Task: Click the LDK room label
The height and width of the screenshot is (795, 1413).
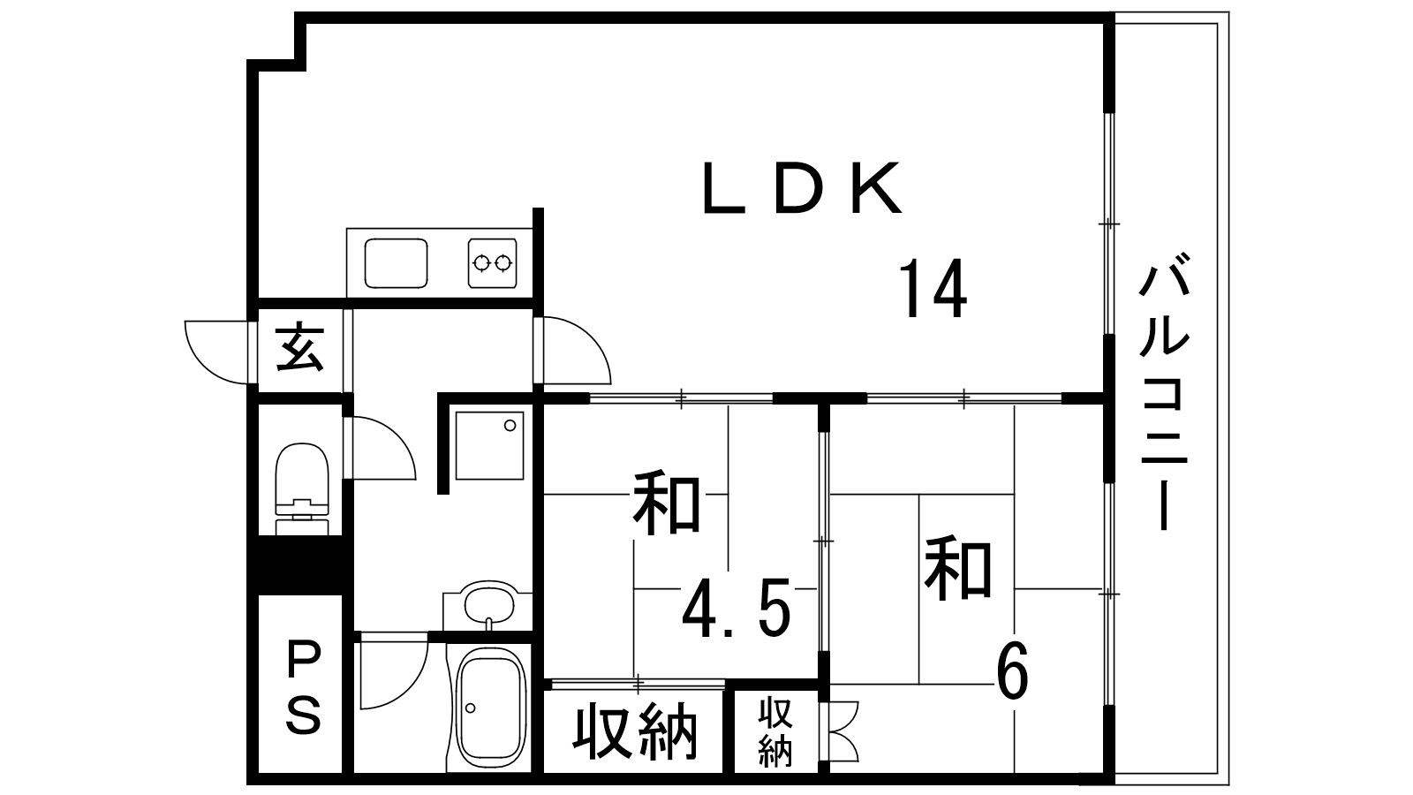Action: pyautogui.click(x=802, y=189)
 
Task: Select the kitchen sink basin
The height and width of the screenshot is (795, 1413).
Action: pyautogui.click(x=397, y=262)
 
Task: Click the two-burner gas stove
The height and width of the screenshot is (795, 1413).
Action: pyautogui.click(x=492, y=261)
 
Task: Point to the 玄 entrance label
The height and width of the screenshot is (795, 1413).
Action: pyautogui.click(x=299, y=349)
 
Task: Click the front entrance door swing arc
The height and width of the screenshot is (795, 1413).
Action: pyautogui.click(x=215, y=352)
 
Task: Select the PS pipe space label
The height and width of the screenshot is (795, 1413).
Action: pyautogui.click(x=302, y=688)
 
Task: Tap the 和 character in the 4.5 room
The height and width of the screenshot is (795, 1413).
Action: pyautogui.click(x=668, y=504)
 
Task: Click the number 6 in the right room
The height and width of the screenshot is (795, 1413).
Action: pyautogui.click(x=1012, y=672)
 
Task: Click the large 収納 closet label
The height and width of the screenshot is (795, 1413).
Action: pyautogui.click(x=636, y=732)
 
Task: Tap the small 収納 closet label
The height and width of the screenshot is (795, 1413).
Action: pyautogui.click(x=776, y=732)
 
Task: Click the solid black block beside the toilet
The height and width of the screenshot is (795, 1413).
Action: pyautogui.click(x=300, y=565)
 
